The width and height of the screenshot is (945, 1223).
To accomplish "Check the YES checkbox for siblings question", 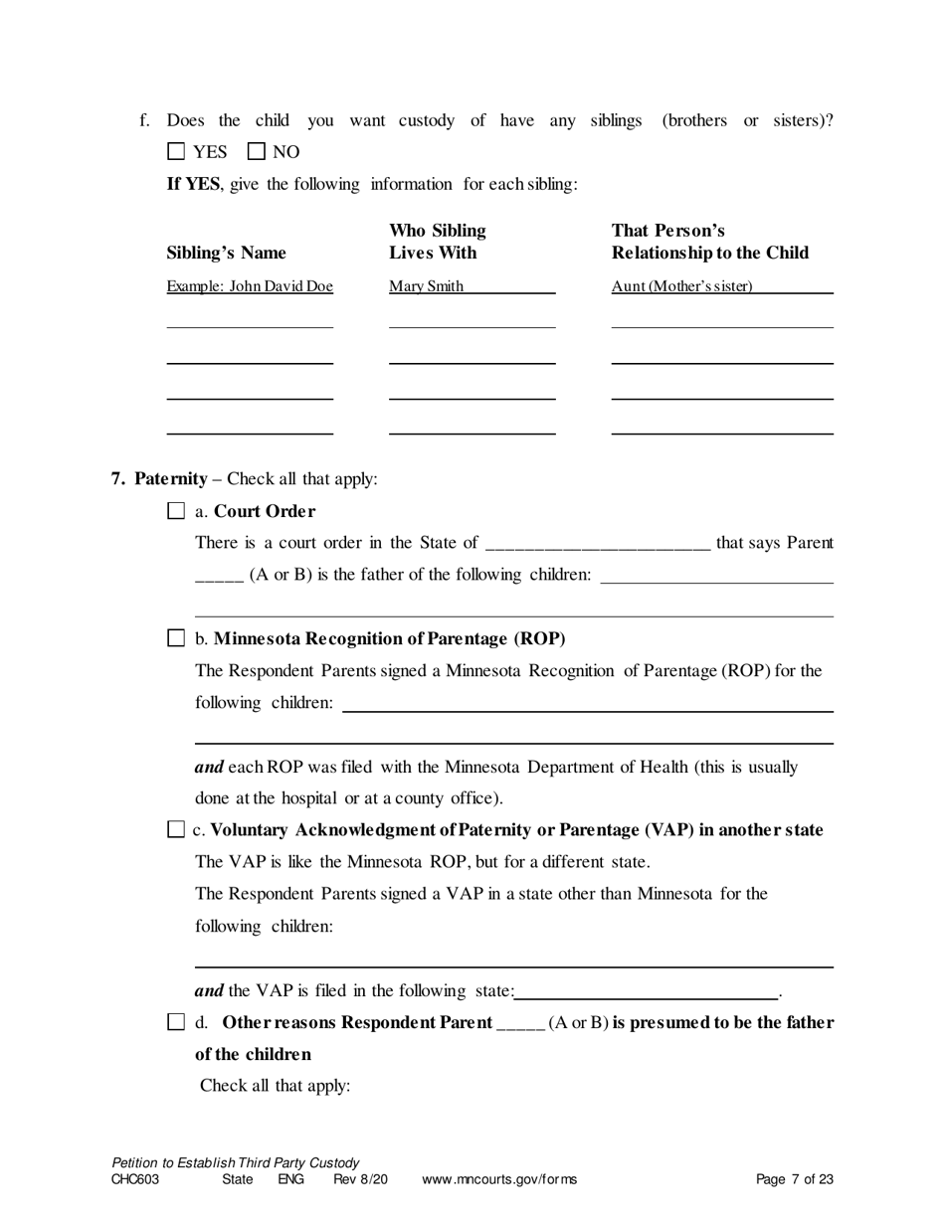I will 176,152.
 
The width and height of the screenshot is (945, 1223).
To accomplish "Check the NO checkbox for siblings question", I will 256,152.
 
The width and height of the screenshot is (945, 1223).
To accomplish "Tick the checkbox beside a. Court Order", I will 176,511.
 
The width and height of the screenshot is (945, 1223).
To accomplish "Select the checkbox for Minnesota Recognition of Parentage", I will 176,638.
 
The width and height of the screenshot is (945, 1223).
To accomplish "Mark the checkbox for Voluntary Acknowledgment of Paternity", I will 176,830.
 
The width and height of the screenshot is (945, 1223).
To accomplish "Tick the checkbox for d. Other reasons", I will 176,1022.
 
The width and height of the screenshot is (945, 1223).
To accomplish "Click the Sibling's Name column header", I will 226,253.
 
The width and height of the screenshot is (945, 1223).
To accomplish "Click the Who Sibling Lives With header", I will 437,242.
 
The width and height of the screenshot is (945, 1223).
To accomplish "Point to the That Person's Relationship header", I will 709,242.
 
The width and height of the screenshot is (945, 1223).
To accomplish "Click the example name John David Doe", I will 250,286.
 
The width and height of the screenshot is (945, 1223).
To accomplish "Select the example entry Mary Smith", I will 426,286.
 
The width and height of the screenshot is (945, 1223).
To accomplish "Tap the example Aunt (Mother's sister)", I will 682,286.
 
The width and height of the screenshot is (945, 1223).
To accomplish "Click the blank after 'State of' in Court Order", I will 596,544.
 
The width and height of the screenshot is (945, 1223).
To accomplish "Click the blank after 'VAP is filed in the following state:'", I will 647,991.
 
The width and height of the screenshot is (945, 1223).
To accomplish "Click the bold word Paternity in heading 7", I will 171,479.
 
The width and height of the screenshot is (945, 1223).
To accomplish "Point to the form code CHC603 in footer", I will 135,1180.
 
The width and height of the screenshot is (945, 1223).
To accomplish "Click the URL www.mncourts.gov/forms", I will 499,1180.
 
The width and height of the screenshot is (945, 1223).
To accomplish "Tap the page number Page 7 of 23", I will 794,1180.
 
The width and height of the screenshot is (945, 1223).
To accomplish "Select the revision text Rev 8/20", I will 360,1180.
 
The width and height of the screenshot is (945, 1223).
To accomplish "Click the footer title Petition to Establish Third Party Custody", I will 236,1162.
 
